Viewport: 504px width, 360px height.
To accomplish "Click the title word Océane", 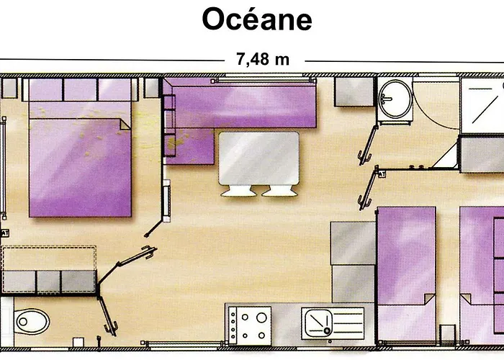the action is coord(257,19).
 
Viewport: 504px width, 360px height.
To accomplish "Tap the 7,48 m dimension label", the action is coord(263,59).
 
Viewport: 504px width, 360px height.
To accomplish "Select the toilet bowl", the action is coord(32,321).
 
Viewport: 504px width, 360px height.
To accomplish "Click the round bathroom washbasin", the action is coord(395,99).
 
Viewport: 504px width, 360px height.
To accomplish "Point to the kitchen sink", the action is coord(333,323).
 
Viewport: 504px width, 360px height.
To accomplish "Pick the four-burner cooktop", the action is coord(250,326).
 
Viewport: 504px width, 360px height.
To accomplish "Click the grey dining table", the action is coord(258,158).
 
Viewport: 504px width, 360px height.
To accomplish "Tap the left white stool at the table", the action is coord(238,192).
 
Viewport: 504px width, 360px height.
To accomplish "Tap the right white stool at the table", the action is coord(279,192).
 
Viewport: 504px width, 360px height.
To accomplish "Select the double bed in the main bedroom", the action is coord(80,148).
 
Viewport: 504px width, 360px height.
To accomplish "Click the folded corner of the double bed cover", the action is coord(125,125).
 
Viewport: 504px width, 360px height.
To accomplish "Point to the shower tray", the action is coord(482,105).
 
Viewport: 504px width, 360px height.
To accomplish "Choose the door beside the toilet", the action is coord(108,316).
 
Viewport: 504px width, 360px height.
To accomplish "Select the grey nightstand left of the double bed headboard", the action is coord(9,88).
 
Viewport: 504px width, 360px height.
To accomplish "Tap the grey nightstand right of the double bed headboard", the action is coord(151,88).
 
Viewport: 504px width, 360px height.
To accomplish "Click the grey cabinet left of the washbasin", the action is coord(354,92).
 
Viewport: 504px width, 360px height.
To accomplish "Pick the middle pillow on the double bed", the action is coord(81,90).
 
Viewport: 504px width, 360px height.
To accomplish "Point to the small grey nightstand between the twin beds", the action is coord(447,335).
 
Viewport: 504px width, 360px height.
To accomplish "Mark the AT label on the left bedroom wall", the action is coord(4,233).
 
